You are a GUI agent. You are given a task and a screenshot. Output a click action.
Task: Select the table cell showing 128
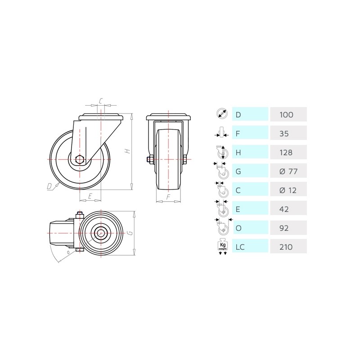tap(288, 152)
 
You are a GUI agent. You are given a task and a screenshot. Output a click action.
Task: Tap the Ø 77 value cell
tap(288, 171)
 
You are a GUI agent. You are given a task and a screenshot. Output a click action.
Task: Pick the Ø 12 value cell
tap(288, 190)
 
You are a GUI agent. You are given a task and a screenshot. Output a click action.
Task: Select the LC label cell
tap(250, 246)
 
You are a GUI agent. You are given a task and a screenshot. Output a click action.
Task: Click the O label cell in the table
tap(251, 228)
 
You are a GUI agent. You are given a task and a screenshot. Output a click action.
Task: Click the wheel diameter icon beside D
tap(222, 113)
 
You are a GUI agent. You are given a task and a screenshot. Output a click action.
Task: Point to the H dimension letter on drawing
tap(127, 151)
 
